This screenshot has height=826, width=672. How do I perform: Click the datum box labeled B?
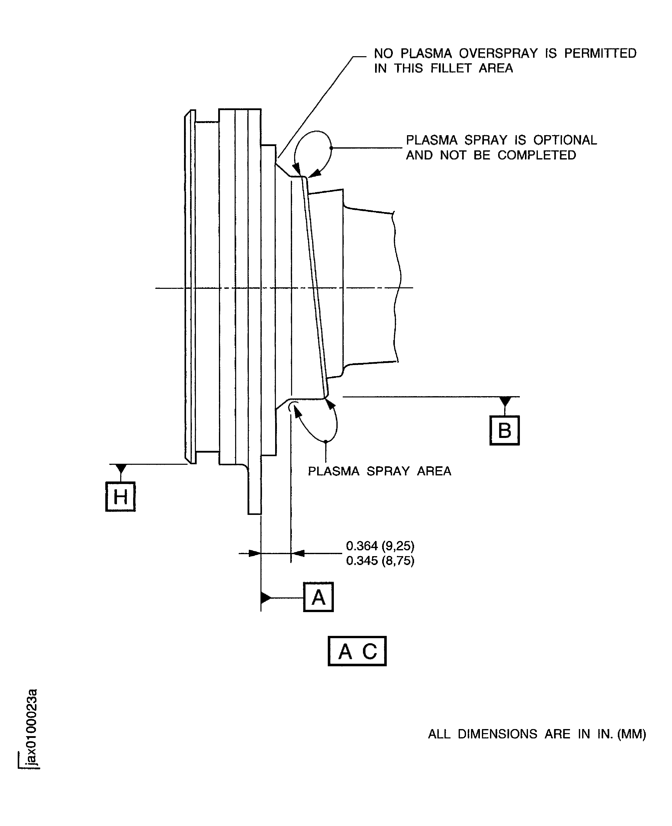[504, 430]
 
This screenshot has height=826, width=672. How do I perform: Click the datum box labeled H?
[120, 497]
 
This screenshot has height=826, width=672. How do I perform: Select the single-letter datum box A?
[318, 597]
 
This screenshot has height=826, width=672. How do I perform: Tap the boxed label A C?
[357, 651]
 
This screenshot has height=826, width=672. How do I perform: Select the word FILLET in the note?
[451, 69]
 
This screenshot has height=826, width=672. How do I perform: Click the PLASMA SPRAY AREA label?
[379, 471]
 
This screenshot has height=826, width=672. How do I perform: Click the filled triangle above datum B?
[505, 401]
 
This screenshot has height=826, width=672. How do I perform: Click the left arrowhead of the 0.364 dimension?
[255, 554]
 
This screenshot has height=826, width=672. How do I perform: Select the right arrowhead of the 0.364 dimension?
[297, 554]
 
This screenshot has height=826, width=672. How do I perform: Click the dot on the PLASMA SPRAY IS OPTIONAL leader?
[331, 148]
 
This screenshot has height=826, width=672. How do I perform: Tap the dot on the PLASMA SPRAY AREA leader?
[326, 441]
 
